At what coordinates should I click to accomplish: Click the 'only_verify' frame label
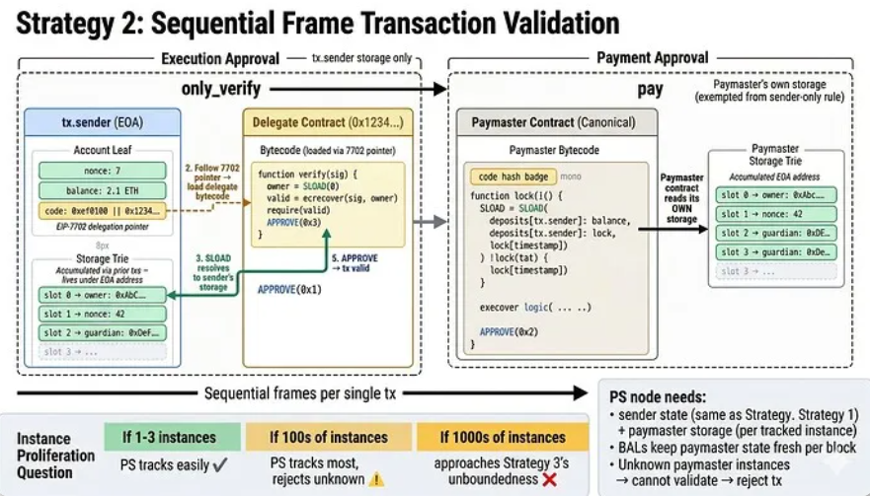[x=221, y=90]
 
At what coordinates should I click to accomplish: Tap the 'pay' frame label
[x=650, y=90]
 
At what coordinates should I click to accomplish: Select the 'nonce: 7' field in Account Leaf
[x=102, y=171]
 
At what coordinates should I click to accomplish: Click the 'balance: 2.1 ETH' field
[x=102, y=190]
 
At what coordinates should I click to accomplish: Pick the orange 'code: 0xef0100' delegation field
[x=102, y=210]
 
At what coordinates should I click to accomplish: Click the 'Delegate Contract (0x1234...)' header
[x=327, y=122]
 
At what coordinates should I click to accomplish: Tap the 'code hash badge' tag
[x=513, y=176]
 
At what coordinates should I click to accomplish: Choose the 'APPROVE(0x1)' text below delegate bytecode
[x=289, y=289]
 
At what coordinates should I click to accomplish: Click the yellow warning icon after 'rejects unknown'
[x=375, y=478]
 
